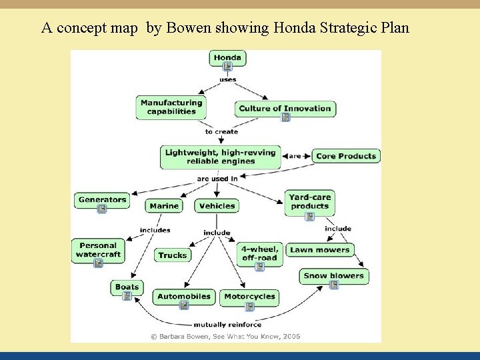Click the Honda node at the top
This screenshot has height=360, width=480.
coord(227,58)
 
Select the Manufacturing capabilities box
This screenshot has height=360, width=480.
coord(171,107)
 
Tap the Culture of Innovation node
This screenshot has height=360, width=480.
coord(285,109)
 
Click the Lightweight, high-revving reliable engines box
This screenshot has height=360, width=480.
coord(221,157)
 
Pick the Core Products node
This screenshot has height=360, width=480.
coord(346,156)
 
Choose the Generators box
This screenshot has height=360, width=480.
coord(102,199)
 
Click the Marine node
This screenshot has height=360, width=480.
coord(164,206)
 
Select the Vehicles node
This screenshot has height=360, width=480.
coord(217,206)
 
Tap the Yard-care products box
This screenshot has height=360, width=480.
coord(309,202)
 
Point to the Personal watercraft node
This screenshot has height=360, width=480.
coord(98,250)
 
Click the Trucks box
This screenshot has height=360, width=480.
coord(173,255)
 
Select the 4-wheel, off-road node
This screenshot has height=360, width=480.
coord(259,254)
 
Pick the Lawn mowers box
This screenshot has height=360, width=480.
coord(319,250)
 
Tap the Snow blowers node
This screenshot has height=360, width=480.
coord(333,275)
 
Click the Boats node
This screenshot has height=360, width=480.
coord(127,287)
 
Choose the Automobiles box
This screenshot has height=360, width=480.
coord(184,296)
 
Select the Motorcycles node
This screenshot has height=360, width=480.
coord(249,297)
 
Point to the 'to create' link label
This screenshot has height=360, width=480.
coord(221,132)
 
